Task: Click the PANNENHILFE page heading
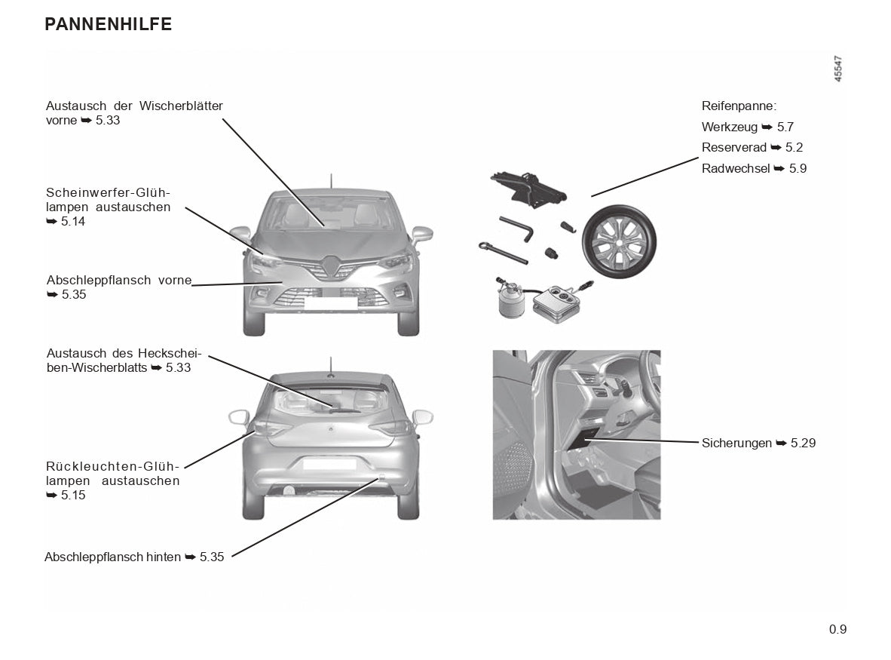click(x=109, y=24)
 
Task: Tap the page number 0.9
click(x=837, y=629)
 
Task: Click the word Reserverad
click(x=734, y=148)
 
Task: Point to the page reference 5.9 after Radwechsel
click(x=798, y=169)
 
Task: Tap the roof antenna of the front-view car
click(x=330, y=181)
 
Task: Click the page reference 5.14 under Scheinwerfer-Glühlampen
click(x=72, y=221)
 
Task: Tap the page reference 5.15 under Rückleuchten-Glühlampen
click(x=72, y=495)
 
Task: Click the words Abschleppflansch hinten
click(x=113, y=557)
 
